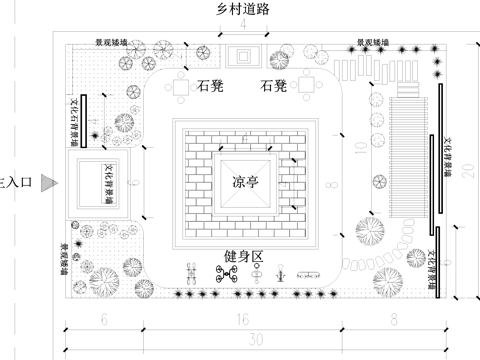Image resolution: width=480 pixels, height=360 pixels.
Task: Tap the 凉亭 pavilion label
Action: (246, 183)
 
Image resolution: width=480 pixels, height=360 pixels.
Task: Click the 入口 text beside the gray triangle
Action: (18, 183)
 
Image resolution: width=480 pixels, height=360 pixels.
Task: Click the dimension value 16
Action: (241, 320)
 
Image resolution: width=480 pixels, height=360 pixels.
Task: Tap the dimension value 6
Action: (104, 320)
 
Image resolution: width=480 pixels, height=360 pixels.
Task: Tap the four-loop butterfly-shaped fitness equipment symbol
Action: (225, 273)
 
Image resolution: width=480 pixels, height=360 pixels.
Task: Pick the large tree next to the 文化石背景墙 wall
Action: (125, 123)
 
